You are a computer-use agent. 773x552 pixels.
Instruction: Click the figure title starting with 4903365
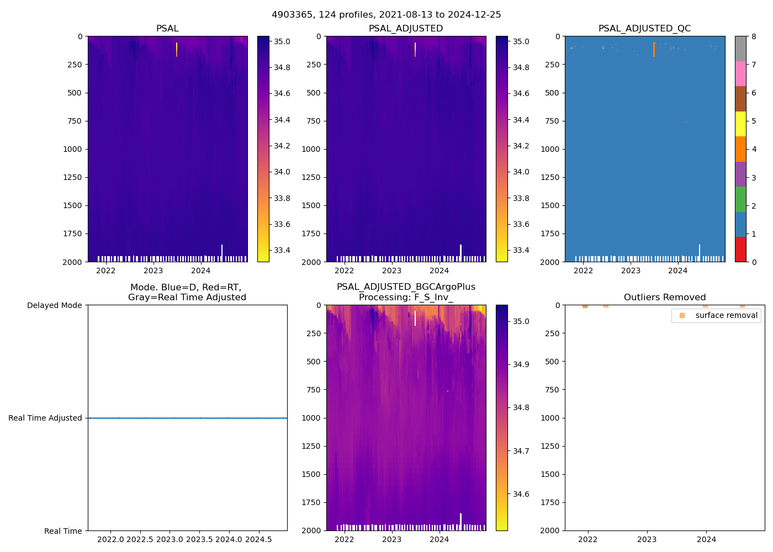pos(386,15)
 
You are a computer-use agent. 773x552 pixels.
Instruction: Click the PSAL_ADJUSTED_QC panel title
pos(644,28)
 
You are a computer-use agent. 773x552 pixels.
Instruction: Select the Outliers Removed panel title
pos(665,297)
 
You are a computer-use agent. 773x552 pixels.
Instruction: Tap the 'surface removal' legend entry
pos(716,315)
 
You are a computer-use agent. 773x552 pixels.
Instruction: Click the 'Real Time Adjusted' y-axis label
pos(45,418)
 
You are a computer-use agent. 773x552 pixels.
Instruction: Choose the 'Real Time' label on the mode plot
pos(63,531)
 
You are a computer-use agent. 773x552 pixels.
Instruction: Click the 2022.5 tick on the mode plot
pos(141,539)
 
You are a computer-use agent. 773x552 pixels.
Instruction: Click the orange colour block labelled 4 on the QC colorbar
pos(740,149)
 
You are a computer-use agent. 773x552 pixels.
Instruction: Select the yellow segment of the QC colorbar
pos(740,124)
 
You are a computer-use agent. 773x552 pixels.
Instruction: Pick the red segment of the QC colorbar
pos(740,249)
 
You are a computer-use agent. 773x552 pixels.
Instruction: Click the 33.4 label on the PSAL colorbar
pos(282,250)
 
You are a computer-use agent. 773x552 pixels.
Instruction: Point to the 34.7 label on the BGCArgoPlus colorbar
pos(521,451)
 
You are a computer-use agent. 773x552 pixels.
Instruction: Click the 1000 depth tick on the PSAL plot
pos(73,149)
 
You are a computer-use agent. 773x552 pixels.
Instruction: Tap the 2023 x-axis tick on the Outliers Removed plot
pos(647,539)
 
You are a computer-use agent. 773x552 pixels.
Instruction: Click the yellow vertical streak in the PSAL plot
pos(177,50)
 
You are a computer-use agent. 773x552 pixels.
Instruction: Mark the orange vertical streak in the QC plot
pos(654,50)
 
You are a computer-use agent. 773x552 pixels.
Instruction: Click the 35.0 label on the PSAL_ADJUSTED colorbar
pos(521,41)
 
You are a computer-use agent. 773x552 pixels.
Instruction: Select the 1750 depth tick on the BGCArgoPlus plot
pos(311,502)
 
